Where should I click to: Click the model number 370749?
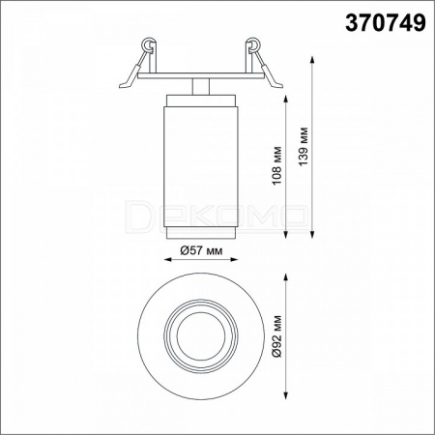(x=386, y=23)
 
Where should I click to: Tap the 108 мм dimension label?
(x=276, y=165)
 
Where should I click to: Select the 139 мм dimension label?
(x=304, y=147)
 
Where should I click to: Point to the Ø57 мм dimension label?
(x=201, y=250)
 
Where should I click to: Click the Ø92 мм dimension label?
(x=276, y=336)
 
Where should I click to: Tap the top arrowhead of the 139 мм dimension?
(x=312, y=60)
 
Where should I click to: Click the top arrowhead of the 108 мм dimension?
(x=285, y=99)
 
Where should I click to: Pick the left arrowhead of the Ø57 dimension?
(x=168, y=259)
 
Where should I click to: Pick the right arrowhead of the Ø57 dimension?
(x=234, y=259)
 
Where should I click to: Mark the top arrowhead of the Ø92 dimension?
(x=285, y=277)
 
